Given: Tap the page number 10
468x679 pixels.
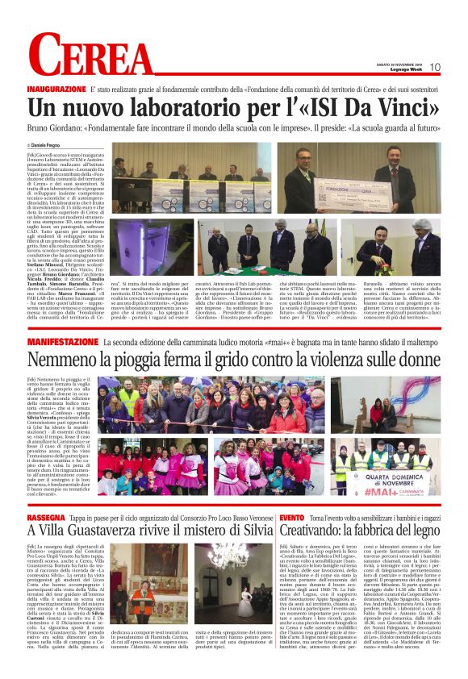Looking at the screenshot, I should [x=435, y=67].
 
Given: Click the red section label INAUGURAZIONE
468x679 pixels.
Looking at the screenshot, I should [x=56, y=88].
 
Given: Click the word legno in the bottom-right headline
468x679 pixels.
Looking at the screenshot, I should [x=420, y=530].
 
